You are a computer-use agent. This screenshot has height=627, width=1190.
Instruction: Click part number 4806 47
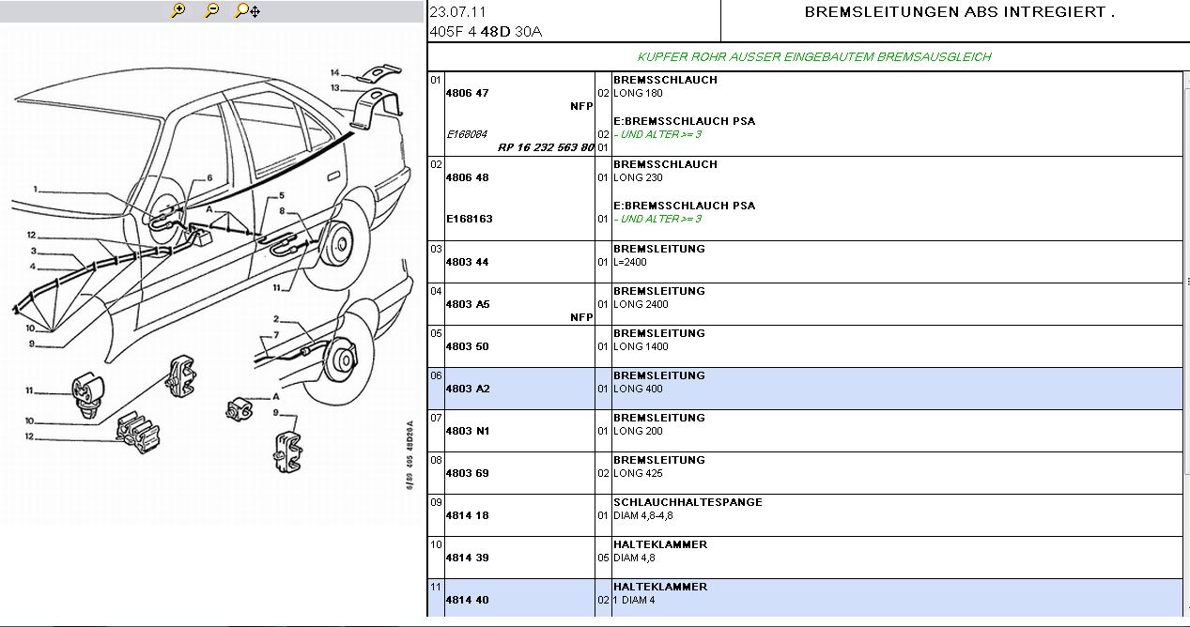pyautogui.click(x=468, y=93)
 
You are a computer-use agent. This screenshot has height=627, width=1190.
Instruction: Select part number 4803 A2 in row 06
pyautogui.click(x=467, y=389)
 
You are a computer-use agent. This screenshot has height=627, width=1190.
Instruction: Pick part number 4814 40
pyautogui.click(x=467, y=600)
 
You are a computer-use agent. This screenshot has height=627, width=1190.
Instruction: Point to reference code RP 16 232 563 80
pyautogui.click(x=546, y=147)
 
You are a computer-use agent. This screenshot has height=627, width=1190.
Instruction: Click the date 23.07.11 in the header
pyautogui.click(x=457, y=13)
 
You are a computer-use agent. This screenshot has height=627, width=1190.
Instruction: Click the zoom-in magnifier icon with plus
pyautogui.click(x=178, y=11)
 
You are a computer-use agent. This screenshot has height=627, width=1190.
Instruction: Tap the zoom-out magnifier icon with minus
pyautogui.click(x=212, y=11)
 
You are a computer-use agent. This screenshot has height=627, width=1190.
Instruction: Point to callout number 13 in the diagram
pyautogui.click(x=335, y=88)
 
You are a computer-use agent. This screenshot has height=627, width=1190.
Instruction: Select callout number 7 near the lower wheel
pyautogui.click(x=276, y=335)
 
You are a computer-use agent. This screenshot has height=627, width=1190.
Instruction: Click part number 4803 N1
pyautogui.click(x=467, y=431)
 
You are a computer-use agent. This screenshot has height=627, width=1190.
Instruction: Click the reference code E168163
pyautogui.click(x=470, y=219)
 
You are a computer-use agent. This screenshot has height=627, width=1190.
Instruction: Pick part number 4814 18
pyautogui.click(x=467, y=515)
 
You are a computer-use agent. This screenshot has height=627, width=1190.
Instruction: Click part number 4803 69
pyautogui.click(x=467, y=473)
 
